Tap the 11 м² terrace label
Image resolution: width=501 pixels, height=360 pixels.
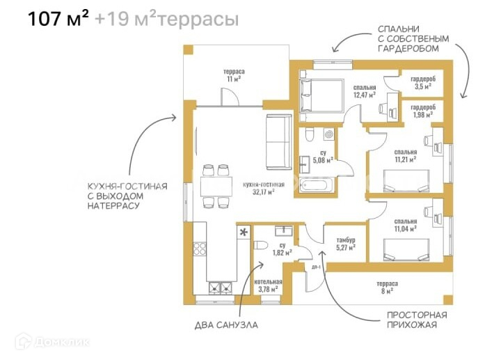point(233,75)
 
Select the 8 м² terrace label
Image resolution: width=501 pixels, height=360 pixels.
point(387,288)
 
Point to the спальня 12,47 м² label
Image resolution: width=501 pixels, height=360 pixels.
point(365,91)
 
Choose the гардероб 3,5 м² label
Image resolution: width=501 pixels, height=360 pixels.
point(423,84)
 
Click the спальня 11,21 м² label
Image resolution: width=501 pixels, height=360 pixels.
point(405,155)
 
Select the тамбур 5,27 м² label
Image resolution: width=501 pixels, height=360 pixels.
point(341,242)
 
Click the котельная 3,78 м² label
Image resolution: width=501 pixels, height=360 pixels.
point(268,285)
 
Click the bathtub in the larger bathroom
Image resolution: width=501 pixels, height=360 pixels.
point(317,186)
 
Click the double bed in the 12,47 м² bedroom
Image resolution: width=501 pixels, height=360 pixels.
point(320,95)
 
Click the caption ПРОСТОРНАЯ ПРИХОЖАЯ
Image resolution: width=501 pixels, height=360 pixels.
point(417,320)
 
